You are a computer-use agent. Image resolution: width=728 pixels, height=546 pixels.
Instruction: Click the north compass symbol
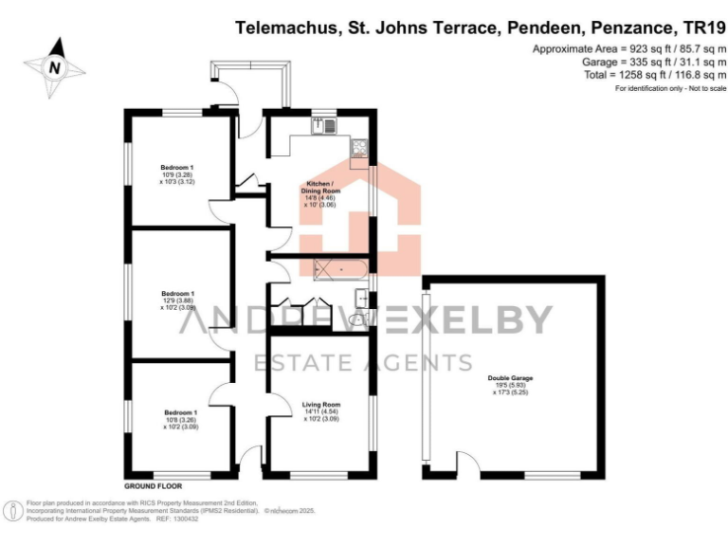point(55,66)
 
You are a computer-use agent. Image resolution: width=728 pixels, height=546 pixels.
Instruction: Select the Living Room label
point(320,405)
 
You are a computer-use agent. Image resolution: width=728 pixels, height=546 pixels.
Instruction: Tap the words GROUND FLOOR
point(152,485)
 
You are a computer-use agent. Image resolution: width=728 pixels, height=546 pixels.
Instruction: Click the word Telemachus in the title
point(283,29)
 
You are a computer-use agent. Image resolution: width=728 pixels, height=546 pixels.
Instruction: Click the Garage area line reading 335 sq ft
point(629,62)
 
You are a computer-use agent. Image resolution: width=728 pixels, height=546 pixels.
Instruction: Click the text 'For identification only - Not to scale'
point(670,88)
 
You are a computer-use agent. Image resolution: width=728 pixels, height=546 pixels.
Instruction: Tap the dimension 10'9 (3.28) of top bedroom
point(178,174)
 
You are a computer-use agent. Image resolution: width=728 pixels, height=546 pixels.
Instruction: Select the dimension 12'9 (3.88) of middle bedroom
point(178,300)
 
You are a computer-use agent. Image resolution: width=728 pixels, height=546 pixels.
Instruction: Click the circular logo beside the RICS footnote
point(14,511)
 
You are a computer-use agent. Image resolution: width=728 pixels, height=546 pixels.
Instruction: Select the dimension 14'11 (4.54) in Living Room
point(320,411)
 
